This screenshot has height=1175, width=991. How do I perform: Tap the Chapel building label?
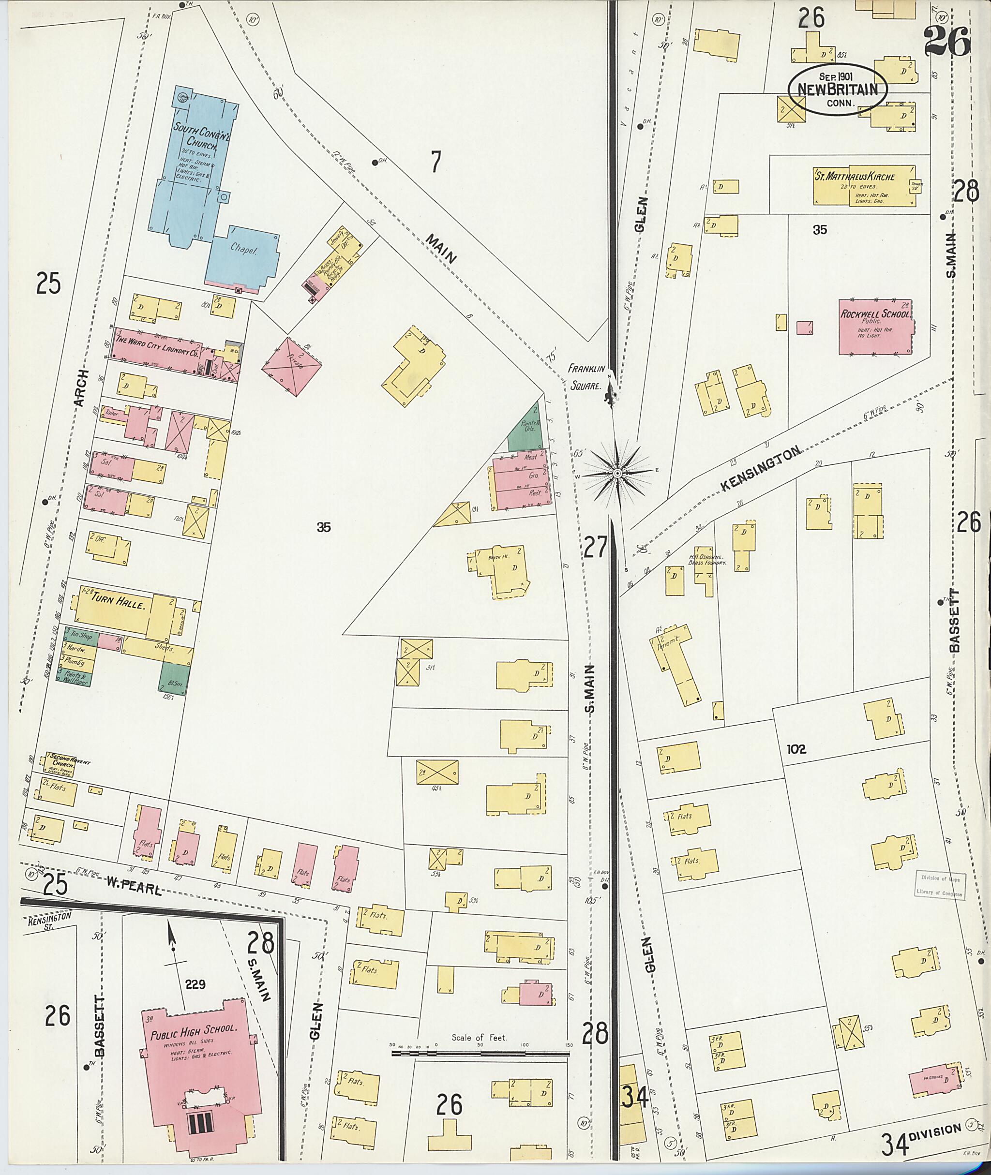coord(243,249)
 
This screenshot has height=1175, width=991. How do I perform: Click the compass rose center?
coord(617,474)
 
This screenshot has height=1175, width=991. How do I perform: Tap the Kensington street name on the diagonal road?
coord(760,470)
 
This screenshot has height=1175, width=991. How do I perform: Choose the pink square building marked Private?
coord(292,367)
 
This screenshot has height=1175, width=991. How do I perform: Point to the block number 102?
coord(796,749)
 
